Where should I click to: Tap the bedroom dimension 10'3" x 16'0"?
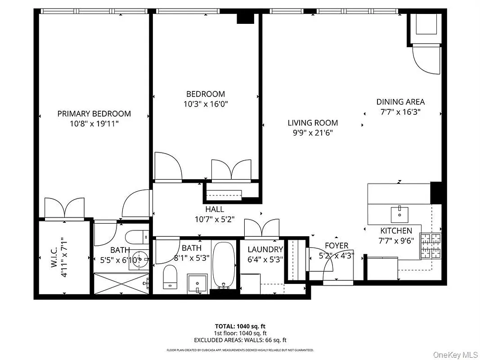206,104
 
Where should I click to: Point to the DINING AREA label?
400,102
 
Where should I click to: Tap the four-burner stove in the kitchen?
431,246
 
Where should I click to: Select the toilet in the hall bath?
170,276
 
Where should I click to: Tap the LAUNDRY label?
265,249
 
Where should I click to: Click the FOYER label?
336,246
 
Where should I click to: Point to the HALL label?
215,209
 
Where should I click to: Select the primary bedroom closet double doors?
64,208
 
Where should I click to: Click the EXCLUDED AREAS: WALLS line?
240,340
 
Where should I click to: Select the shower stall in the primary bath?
121,283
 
